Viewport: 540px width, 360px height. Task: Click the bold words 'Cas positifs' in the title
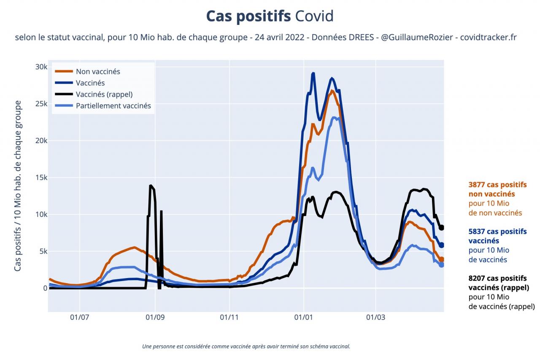click(248, 16)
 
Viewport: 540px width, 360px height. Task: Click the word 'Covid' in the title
click(314, 16)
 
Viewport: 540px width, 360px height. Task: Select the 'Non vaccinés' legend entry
click(98, 72)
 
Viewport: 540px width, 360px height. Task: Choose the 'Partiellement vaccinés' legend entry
click(113, 106)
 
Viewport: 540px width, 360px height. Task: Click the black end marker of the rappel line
click(442, 228)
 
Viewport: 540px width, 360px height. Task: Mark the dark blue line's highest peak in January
click(313, 73)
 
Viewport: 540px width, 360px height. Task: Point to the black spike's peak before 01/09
click(150, 186)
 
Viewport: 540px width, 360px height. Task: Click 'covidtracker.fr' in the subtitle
click(488, 37)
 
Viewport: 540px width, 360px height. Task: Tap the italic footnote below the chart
click(246, 346)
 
